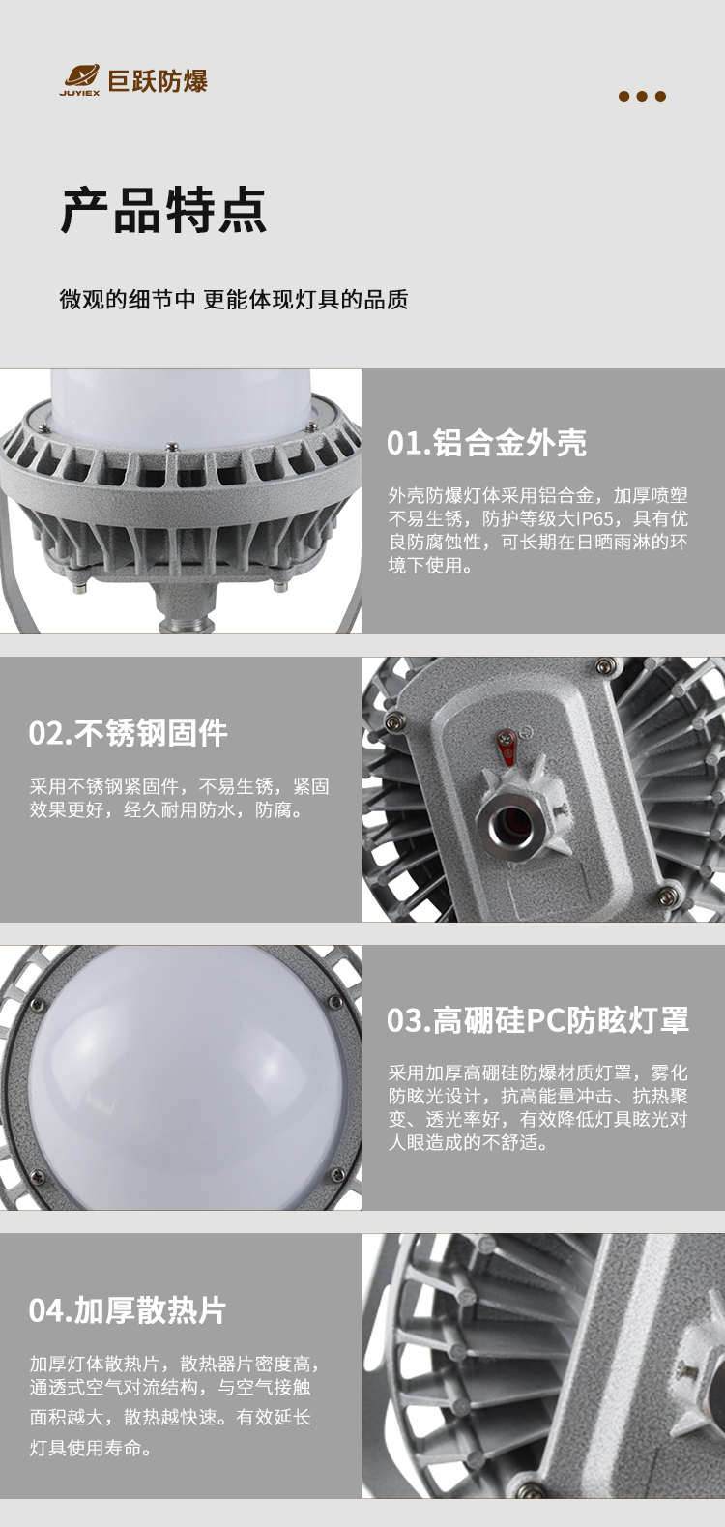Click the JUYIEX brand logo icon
click(x=79, y=79)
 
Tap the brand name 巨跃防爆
click(x=158, y=81)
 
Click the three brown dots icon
click(x=642, y=96)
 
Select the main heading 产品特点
click(x=163, y=210)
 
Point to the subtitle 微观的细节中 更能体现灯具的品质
click(x=234, y=299)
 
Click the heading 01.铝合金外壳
click(x=486, y=442)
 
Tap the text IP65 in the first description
click(x=595, y=518)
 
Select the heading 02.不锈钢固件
click(x=129, y=733)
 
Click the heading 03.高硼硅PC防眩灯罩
click(x=537, y=1020)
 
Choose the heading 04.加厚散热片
click(x=127, y=1310)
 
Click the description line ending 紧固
click(x=179, y=786)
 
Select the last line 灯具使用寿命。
click(x=91, y=1448)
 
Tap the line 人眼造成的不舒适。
click(x=469, y=1142)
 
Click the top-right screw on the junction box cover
click(x=604, y=664)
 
